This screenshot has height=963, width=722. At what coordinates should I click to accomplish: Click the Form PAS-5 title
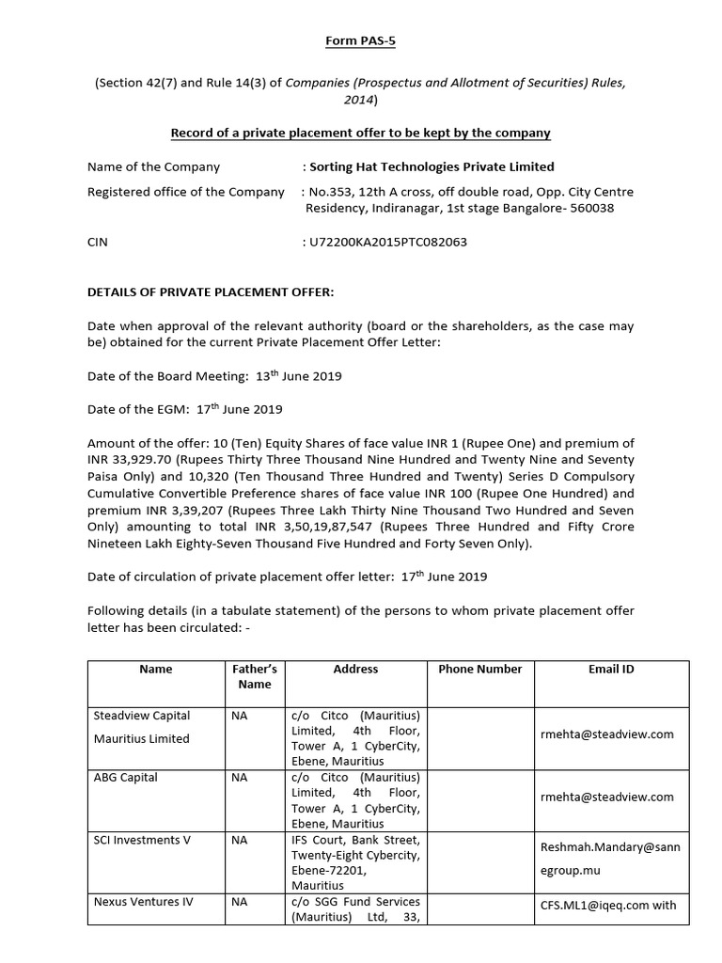361,42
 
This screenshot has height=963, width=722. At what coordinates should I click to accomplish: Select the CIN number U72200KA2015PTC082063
385,242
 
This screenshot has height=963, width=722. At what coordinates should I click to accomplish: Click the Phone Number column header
479,669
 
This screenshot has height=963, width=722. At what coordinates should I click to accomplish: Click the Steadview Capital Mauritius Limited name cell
142,726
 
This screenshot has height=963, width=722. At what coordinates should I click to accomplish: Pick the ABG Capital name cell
126,778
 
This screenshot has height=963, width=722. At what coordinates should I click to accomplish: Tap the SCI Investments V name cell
142,840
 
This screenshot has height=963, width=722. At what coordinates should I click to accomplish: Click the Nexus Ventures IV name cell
144,901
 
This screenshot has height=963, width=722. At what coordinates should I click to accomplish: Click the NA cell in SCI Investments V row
240,840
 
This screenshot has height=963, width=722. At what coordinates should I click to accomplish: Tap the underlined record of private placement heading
361,133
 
